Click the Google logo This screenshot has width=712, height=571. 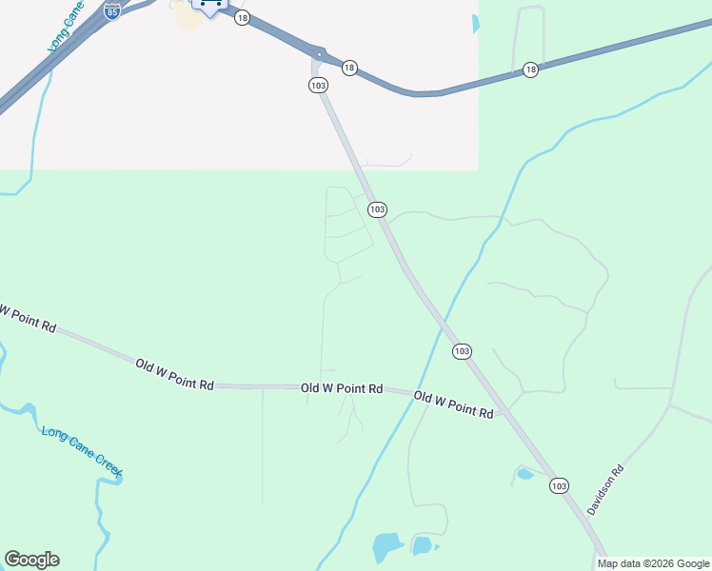pyautogui.click(x=31, y=560)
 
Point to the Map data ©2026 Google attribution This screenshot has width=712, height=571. pyautogui.click(x=653, y=563)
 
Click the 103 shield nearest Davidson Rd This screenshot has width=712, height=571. pyautogui.click(x=559, y=485)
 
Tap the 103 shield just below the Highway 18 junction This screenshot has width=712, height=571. pyautogui.click(x=318, y=86)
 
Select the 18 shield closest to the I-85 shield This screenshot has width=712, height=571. pyautogui.click(x=242, y=18)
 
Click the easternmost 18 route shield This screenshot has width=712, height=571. pyautogui.click(x=530, y=69)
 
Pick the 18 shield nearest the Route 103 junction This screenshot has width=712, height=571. pyautogui.click(x=349, y=68)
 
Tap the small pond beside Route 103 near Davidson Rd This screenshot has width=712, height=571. pyautogui.click(x=524, y=473)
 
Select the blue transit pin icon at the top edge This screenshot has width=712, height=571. pyautogui.click(x=209, y=6)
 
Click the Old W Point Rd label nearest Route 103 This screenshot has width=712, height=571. pyautogui.click(x=454, y=404)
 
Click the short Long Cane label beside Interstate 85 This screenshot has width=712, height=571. pyautogui.click(x=60, y=29)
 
